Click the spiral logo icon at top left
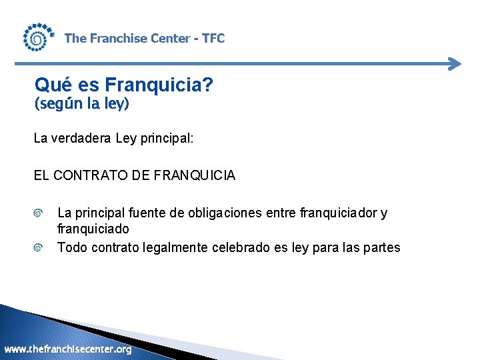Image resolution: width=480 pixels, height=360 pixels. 37,38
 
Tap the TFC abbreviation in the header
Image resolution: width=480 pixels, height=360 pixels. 213,39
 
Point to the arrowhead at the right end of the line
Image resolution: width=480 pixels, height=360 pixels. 455,64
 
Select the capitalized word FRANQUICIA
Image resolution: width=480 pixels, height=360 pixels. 195,176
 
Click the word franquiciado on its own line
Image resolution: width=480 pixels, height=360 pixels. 93,229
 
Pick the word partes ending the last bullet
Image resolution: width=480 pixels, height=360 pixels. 380,248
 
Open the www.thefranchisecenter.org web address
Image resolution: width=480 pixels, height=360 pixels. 68,349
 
